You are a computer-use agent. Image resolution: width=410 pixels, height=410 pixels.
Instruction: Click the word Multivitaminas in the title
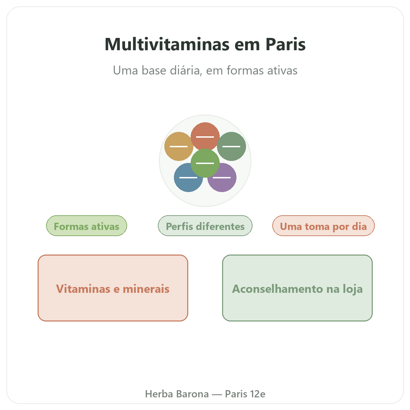(x=167, y=44)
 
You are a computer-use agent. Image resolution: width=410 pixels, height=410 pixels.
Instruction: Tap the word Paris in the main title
(x=286, y=44)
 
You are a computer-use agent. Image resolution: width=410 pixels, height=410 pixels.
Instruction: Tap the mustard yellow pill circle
(x=178, y=146)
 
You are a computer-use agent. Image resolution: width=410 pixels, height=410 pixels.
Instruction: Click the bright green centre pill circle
(x=205, y=163)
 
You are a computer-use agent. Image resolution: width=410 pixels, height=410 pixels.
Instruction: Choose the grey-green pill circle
(x=231, y=146)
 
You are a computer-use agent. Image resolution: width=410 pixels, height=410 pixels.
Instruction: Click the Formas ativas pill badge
(x=86, y=225)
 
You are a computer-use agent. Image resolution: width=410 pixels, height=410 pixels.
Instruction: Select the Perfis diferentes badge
(x=205, y=225)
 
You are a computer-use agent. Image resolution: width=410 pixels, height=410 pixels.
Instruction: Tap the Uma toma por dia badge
(x=323, y=225)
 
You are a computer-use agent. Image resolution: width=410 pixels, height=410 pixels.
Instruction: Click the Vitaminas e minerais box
(x=113, y=288)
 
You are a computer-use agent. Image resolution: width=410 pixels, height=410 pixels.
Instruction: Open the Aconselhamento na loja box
(x=297, y=288)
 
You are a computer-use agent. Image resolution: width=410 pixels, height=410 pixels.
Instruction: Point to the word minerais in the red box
(x=146, y=289)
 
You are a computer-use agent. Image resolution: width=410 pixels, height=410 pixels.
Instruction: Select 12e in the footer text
(x=258, y=394)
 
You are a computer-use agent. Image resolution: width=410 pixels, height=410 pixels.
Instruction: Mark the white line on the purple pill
(x=222, y=177)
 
